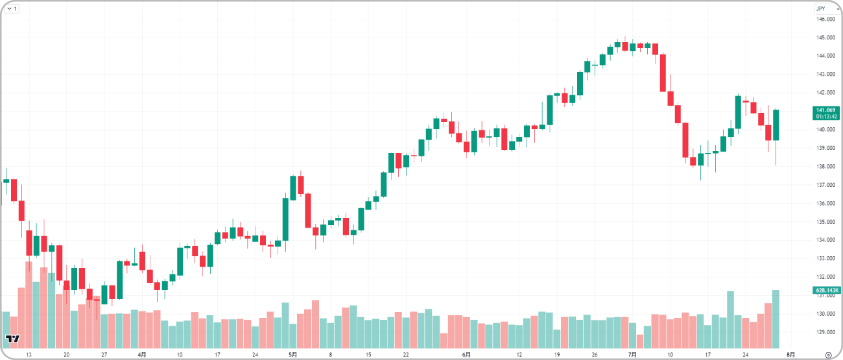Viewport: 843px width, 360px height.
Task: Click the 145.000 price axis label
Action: click(x=825, y=38)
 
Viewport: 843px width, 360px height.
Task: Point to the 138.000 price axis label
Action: click(x=825, y=167)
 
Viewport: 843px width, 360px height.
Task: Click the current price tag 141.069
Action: click(x=825, y=110)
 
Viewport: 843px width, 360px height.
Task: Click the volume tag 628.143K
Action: click(x=825, y=290)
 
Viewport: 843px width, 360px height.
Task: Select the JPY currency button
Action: click(x=820, y=8)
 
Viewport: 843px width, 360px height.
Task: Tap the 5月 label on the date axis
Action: click(x=292, y=355)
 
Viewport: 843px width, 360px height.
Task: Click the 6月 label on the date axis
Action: click(x=466, y=355)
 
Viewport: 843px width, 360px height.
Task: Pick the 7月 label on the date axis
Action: click(x=632, y=355)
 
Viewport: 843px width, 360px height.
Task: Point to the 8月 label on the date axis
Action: click(x=790, y=355)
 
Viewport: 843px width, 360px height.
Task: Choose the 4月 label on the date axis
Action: click(x=142, y=355)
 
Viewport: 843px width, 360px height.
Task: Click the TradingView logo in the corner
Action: click(x=12, y=339)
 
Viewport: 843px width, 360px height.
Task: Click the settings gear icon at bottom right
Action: click(x=828, y=355)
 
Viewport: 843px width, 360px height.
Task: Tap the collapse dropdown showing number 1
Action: click(x=12, y=8)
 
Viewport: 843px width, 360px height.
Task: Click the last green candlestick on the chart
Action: click(x=776, y=125)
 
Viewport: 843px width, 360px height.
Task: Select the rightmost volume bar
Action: click(x=776, y=319)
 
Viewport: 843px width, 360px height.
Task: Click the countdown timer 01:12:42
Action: click(x=825, y=117)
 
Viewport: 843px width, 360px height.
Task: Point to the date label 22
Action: click(x=406, y=355)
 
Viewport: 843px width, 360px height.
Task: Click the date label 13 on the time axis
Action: click(x=28, y=355)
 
